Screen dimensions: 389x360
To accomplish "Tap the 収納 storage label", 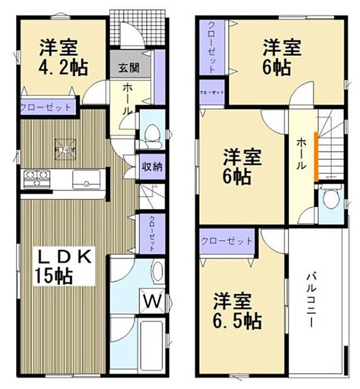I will point(152,166).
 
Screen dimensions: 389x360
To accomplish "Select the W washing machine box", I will point(152,301).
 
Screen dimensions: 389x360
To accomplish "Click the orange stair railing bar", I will point(315,156).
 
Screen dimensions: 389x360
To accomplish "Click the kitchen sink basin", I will point(88,181).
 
